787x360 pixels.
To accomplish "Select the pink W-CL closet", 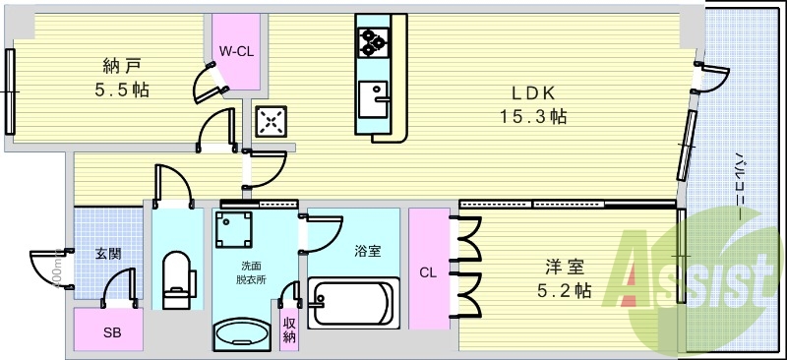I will [236, 52].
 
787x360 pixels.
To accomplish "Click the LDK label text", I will [533, 92].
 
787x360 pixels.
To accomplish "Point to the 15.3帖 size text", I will [533, 116].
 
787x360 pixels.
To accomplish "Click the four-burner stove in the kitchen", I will [374, 40].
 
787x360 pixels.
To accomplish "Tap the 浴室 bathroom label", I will [367, 251].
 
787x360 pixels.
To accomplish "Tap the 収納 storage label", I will [289, 329].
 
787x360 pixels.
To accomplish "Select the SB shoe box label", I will [109, 331].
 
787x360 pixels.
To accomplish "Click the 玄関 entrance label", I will [108, 253].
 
